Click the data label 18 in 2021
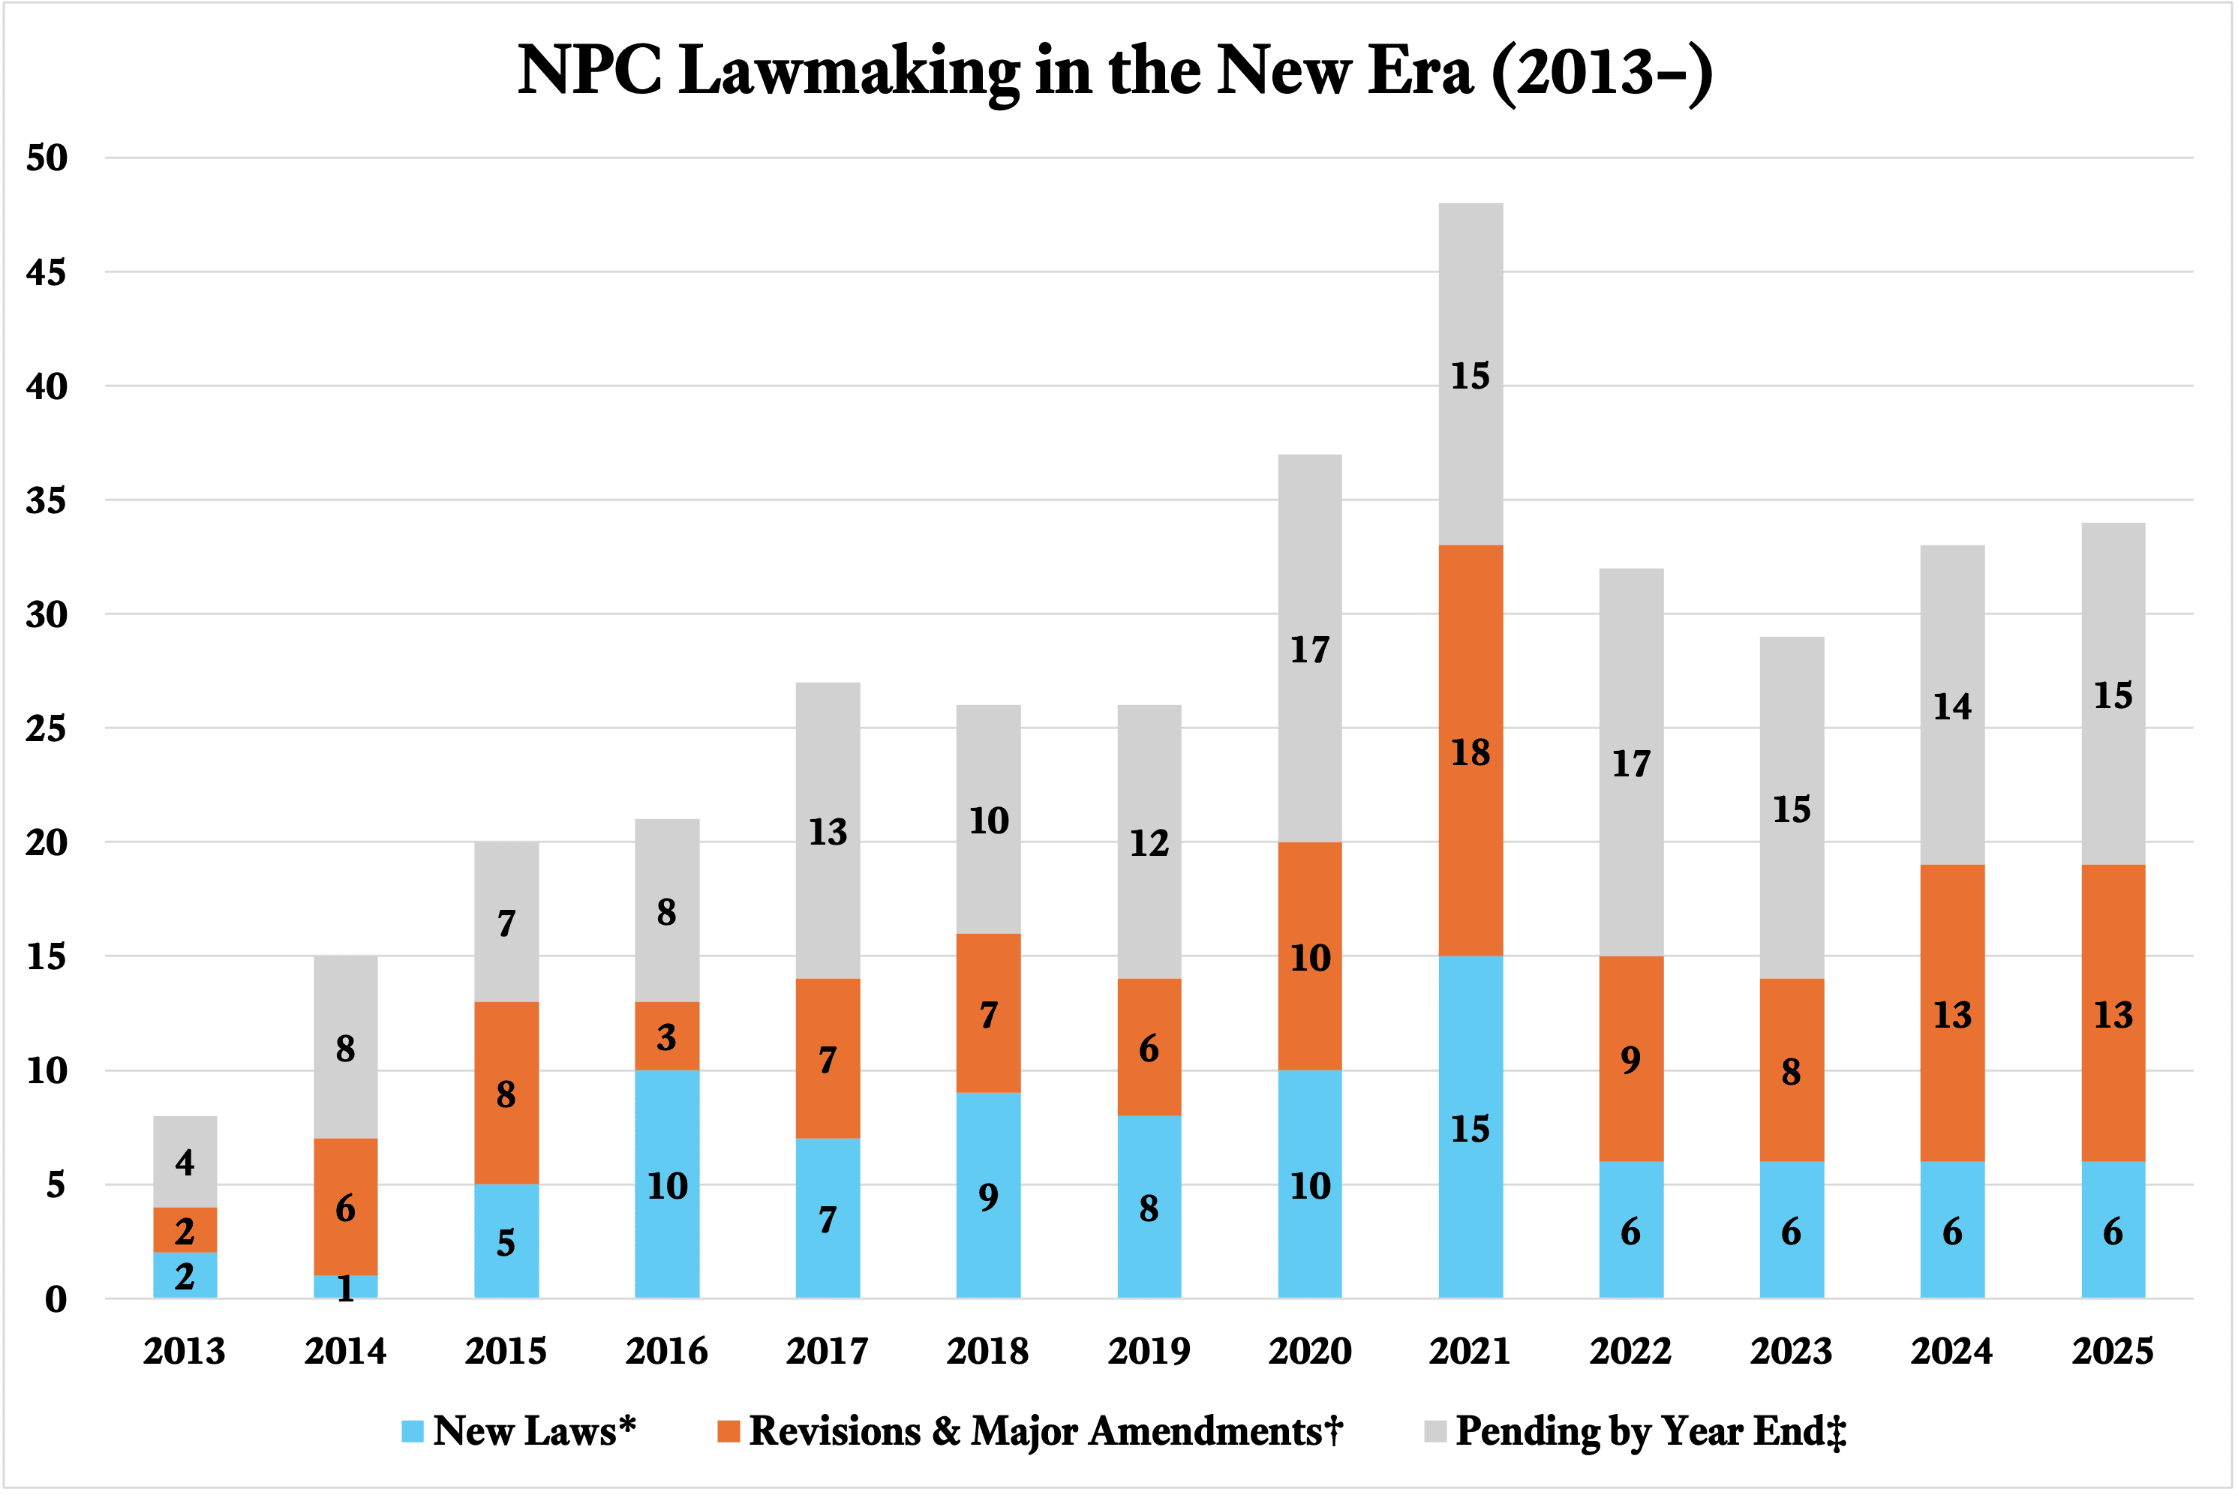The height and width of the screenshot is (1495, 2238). (x=1470, y=753)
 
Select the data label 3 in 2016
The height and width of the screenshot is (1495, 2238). (x=666, y=1037)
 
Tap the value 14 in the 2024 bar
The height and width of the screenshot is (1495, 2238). (x=1952, y=707)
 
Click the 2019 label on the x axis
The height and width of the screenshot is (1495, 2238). (x=1149, y=1351)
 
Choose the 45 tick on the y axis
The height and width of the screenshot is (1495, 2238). (x=46, y=273)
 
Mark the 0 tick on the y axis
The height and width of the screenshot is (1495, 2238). (x=56, y=1299)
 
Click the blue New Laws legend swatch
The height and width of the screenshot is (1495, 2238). (x=412, y=1431)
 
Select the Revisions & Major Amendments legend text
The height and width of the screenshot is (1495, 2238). (x=1045, y=1431)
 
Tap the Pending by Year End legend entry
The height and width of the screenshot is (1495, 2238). (x=1650, y=1431)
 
